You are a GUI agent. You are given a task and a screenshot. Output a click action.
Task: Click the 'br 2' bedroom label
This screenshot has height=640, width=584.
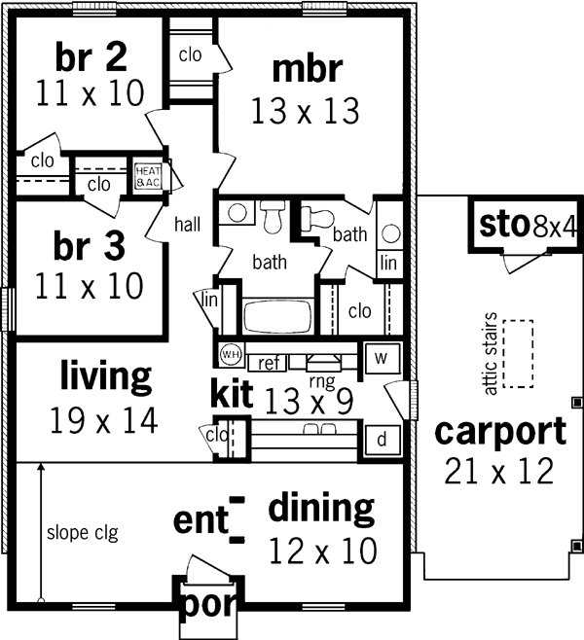click(x=90, y=58)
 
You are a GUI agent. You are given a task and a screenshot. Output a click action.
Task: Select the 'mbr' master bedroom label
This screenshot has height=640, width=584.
click(x=307, y=70)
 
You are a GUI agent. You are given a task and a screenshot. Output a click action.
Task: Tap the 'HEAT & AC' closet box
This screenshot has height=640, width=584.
click(x=148, y=176)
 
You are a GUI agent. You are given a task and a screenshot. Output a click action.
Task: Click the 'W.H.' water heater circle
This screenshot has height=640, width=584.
click(x=231, y=354)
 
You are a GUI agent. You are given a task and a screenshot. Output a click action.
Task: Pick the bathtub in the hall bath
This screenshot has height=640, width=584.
click(x=274, y=318)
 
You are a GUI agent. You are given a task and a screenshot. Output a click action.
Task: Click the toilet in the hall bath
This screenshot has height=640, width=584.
click(x=273, y=214)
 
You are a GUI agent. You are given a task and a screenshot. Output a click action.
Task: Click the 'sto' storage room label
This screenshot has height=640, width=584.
click(x=503, y=226)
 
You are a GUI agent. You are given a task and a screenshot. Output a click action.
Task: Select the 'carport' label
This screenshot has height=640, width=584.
click(x=499, y=431)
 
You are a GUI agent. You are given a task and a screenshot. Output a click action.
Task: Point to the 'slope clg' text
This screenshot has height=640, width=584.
click(x=82, y=533)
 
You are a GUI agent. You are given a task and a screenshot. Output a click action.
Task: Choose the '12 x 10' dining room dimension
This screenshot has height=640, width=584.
click(x=321, y=551)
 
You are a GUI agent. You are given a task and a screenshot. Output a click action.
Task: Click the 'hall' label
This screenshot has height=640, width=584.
click(x=188, y=225)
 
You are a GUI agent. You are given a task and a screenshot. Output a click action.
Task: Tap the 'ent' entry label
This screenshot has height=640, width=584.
click(x=200, y=519)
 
